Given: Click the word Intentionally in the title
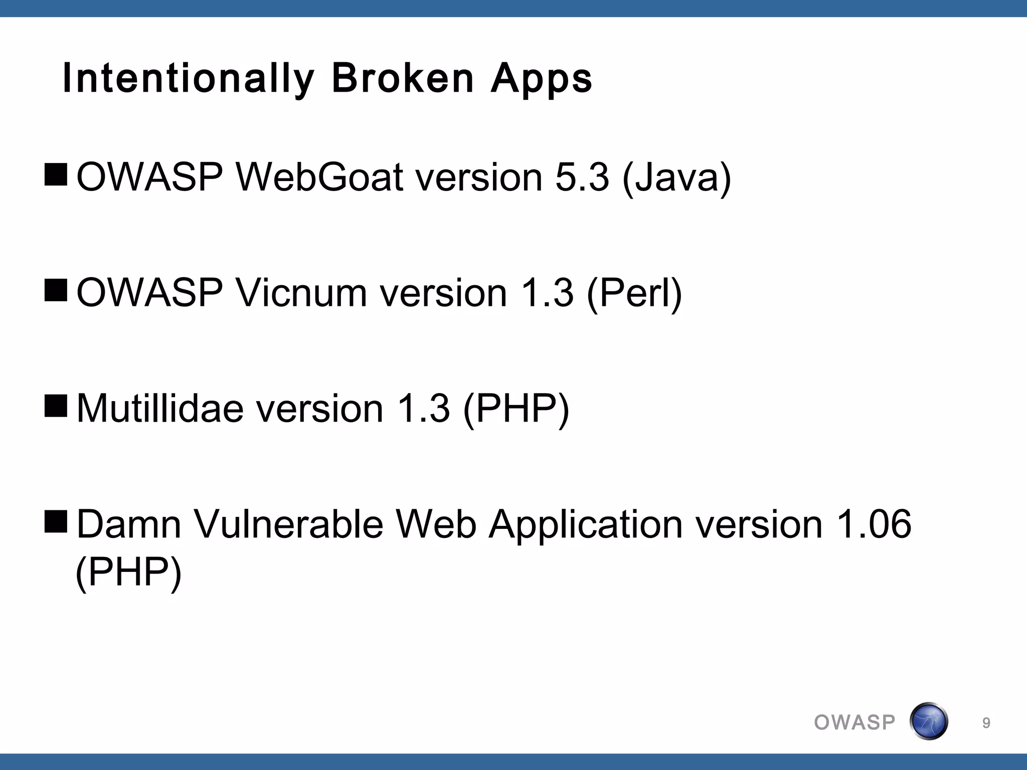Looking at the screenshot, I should pyautogui.click(x=188, y=79).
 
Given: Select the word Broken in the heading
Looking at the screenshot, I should pyautogui.click(x=403, y=79).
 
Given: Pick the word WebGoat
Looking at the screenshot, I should pyautogui.click(x=319, y=177).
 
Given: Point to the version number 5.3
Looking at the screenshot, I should pyautogui.click(x=582, y=177).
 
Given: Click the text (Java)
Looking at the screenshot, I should pyautogui.click(x=676, y=178).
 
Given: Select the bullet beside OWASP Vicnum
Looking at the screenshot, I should pyautogui.click(x=56, y=291).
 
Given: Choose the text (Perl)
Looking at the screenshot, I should pyautogui.click(x=634, y=294).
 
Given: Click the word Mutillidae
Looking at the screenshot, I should pyautogui.click(x=160, y=409).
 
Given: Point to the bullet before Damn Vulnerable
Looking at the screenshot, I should pyautogui.click(x=56, y=522).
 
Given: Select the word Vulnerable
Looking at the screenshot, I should pyautogui.click(x=288, y=524).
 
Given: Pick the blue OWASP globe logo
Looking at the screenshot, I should pyautogui.click(x=928, y=721).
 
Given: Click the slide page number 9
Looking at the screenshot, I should pyautogui.click(x=986, y=723).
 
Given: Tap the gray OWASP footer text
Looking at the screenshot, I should pyautogui.click(x=854, y=722).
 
